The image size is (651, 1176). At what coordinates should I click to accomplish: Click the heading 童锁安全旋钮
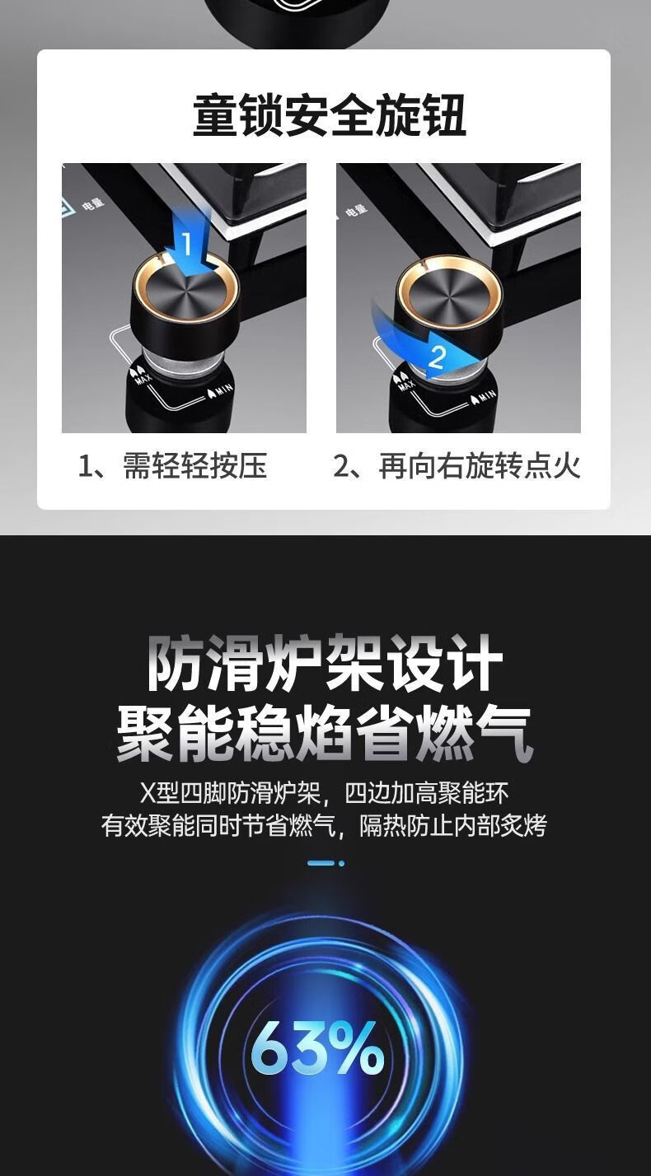pyautogui.click(x=330, y=115)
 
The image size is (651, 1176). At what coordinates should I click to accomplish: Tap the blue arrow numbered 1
pyautogui.click(x=190, y=242)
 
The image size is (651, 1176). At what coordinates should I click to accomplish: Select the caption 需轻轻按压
pyautogui.click(x=195, y=465)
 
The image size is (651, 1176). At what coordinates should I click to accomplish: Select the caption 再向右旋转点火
pyautogui.click(x=480, y=465)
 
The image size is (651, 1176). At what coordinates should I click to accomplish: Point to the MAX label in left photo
pyautogui.click(x=143, y=376)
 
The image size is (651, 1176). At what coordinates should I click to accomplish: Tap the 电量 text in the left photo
pyautogui.click(x=93, y=203)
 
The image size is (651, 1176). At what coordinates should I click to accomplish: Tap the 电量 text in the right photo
pyautogui.click(x=357, y=210)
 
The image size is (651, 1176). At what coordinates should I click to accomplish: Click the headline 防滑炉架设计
pyautogui.click(x=325, y=663)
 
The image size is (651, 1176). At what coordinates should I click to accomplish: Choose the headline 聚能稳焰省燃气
pyautogui.click(x=325, y=734)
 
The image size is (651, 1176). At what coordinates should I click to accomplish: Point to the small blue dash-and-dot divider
pyautogui.click(x=325, y=862)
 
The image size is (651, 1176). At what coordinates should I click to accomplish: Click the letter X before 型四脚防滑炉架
pyautogui.click(x=148, y=794)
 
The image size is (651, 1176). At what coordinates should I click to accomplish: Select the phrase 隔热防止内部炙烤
pyautogui.click(x=453, y=826)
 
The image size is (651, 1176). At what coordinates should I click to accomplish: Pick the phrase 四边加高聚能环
pyautogui.click(x=426, y=794)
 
